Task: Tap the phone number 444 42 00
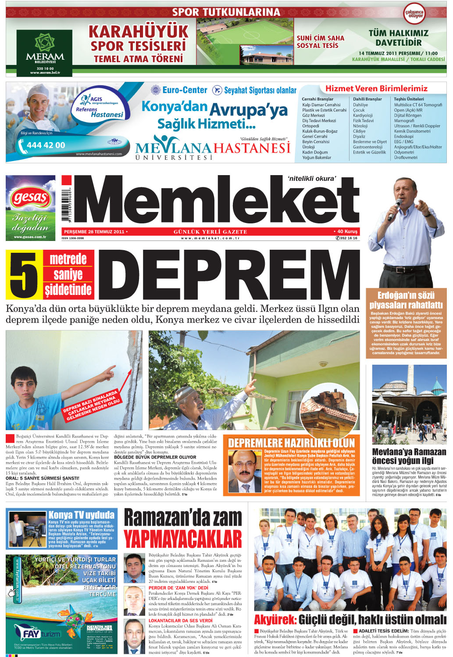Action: (46, 145)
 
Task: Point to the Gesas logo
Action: (30, 198)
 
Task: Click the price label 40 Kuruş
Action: (347, 231)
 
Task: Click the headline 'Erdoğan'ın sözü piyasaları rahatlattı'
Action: (406, 300)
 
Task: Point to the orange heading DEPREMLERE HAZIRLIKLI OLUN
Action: (292, 442)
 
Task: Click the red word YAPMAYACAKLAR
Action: (182, 539)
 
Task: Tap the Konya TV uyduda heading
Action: (81, 515)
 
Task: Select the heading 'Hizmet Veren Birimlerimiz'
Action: (376, 89)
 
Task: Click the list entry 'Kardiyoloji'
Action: (363, 115)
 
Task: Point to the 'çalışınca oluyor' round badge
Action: (414, 14)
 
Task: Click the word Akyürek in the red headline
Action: (275, 620)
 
